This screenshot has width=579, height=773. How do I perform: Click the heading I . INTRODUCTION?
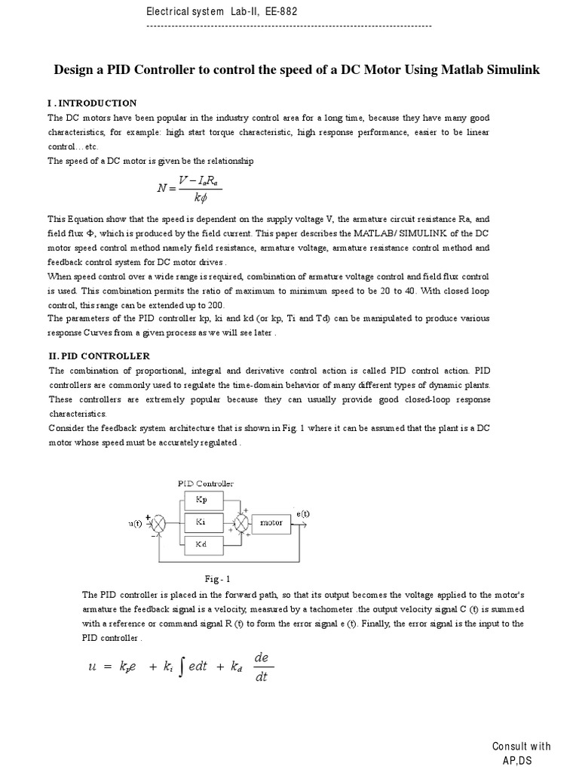pos(92,103)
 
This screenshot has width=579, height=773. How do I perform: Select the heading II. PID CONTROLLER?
pos(99,356)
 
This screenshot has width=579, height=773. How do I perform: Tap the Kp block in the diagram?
pos(201,499)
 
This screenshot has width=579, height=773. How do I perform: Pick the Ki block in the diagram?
pos(201,522)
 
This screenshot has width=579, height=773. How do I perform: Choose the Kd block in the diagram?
pos(201,544)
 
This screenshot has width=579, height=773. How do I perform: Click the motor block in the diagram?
pos(271,522)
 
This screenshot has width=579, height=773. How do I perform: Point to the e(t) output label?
pos(302,513)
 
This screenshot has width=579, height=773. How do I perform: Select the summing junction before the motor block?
pos(240,522)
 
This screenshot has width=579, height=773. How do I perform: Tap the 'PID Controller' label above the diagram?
pos(205,483)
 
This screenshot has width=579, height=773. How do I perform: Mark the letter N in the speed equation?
pos(163,189)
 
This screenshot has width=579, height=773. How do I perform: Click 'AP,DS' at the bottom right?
pos(516,761)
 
